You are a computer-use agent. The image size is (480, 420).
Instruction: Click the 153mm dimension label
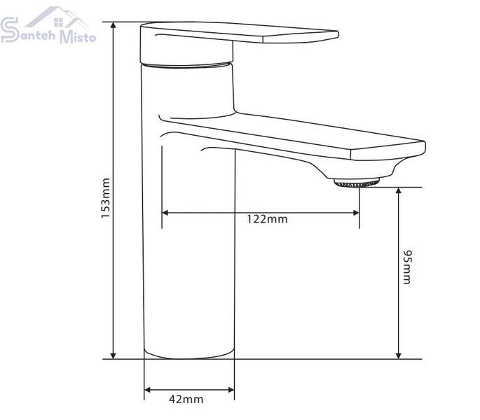[106, 197]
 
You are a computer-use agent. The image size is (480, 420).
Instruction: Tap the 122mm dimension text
[267, 219]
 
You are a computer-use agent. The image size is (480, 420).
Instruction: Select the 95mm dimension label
[407, 267]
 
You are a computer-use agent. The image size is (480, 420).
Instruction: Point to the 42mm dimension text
[186, 399]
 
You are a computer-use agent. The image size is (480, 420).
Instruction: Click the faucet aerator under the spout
[357, 183]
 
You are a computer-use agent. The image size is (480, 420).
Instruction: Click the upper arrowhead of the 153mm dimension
[114, 25]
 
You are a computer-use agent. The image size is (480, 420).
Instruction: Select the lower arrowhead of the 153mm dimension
[114, 355]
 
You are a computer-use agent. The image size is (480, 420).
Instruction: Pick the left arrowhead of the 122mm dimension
[165, 213]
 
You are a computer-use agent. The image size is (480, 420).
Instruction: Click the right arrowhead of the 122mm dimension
[356, 213]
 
